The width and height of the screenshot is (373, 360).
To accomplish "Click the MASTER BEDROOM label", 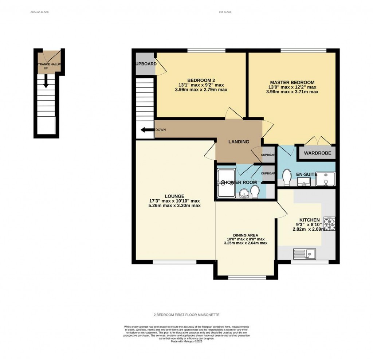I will [x=292, y=82].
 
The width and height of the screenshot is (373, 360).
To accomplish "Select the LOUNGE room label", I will [x=174, y=196].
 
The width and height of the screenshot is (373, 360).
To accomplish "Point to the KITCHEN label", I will [x=310, y=220].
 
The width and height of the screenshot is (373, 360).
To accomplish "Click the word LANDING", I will [x=239, y=142].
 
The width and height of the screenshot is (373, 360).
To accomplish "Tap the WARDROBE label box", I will [x=318, y=153].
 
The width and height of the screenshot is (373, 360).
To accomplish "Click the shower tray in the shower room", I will [x=226, y=183].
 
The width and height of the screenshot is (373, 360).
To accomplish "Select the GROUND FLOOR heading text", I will [x=39, y=12].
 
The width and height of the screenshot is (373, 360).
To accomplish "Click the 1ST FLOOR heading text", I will [x=225, y=12].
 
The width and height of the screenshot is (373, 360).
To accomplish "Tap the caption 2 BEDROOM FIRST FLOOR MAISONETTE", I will [x=186, y=314].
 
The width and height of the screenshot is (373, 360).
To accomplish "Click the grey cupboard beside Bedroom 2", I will [x=145, y=64].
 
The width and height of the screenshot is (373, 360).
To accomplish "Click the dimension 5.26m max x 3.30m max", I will [x=174, y=206].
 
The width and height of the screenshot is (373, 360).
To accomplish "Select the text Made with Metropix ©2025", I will [x=186, y=341].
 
